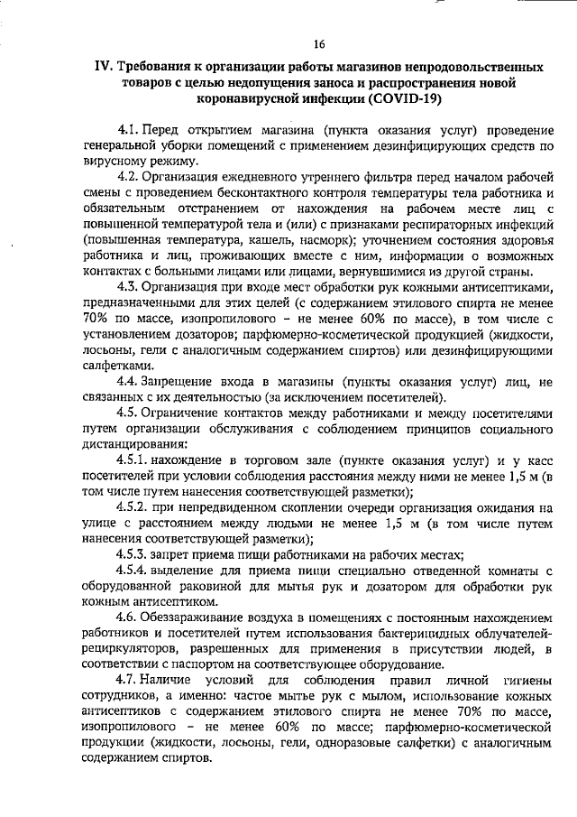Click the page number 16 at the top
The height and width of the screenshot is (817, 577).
point(319,44)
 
